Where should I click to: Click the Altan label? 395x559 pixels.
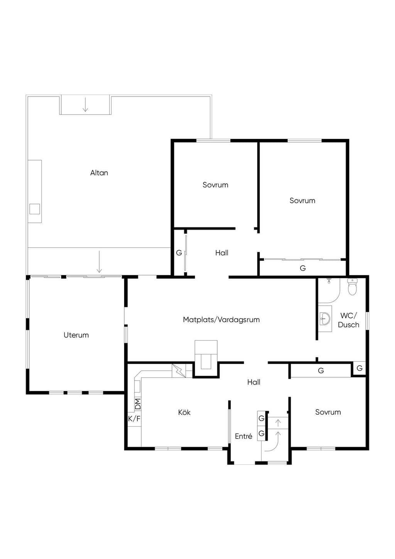click(99, 173)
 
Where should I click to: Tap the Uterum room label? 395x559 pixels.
click(76, 335)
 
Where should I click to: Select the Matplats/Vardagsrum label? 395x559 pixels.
click(221, 320)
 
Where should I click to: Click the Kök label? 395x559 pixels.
click(184, 412)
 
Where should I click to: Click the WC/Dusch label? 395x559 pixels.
click(349, 320)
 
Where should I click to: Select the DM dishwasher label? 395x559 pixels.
click(138, 404)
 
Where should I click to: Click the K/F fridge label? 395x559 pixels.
click(134, 418)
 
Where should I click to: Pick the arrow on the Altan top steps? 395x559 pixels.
click(86, 105)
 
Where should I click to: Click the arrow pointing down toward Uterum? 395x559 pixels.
click(99, 261)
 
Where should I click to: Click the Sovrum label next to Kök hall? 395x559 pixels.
click(328, 412)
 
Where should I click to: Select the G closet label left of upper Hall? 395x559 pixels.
click(179, 253)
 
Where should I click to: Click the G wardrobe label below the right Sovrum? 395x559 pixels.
click(303, 268)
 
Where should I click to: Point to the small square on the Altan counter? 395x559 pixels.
click(35, 209)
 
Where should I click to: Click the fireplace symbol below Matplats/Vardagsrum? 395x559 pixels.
click(206, 355)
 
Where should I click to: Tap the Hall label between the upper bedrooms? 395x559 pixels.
click(222, 253)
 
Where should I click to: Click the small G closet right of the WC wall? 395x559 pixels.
click(360, 368)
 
